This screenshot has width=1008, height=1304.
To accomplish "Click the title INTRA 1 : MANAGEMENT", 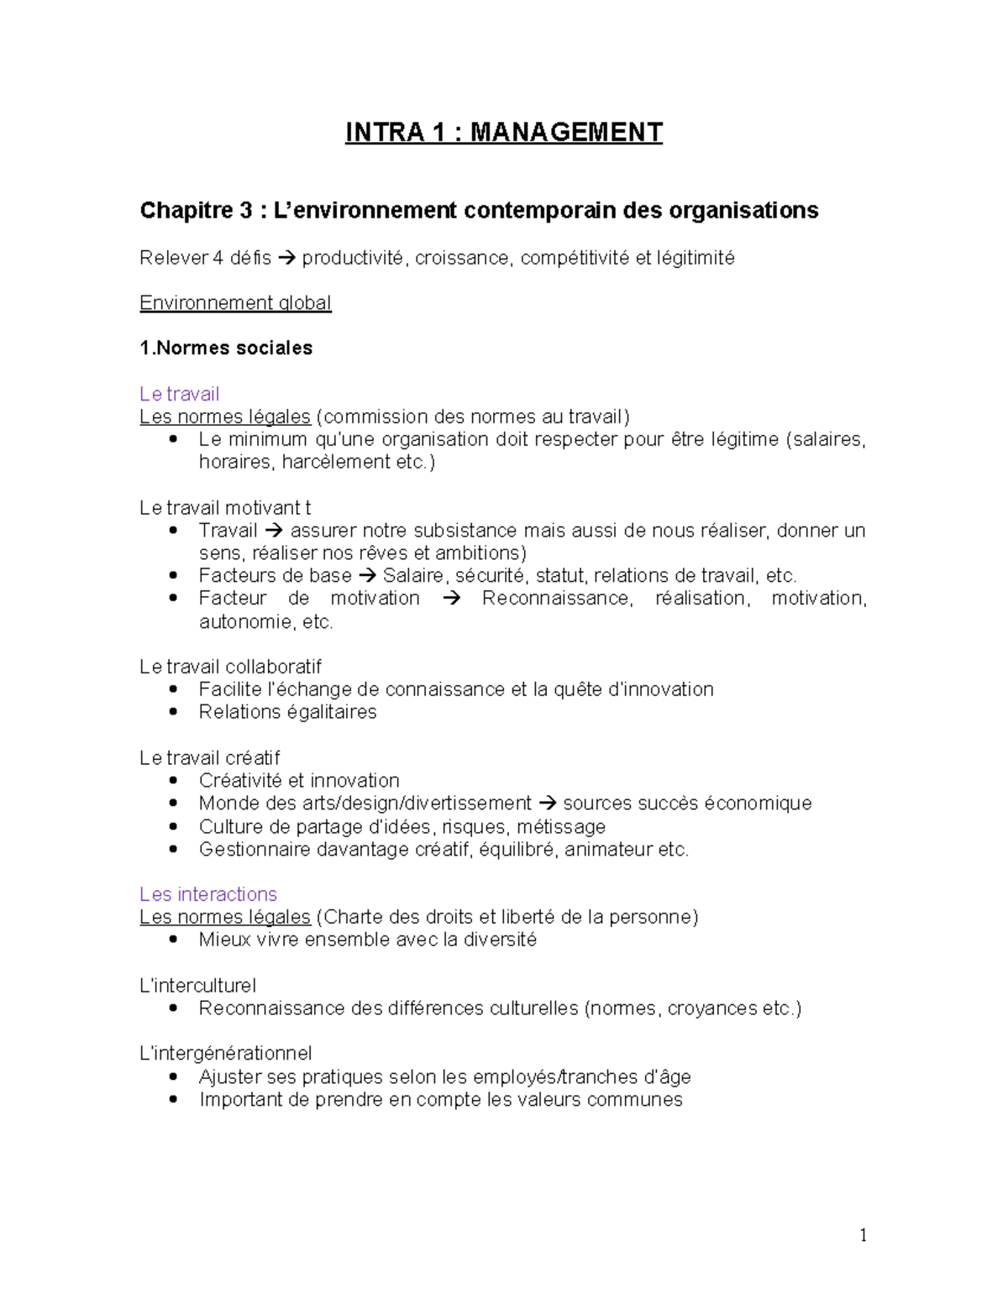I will (503, 133).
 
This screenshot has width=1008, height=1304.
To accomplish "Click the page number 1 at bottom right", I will (863, 1234).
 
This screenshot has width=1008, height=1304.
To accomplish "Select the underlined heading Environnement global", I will (235, 303).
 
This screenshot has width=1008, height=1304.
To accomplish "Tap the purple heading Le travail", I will (179, 394).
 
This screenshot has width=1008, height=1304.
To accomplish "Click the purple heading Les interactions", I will (207, 894).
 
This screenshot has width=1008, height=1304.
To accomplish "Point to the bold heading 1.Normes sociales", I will (226, 348).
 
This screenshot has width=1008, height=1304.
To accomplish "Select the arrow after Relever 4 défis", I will (286, 258).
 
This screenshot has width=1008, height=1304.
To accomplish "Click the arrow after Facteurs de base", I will (367, 576).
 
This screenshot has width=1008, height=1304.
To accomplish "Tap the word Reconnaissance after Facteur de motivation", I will (556, 599).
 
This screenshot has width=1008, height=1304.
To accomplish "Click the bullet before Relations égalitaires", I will (173, 712).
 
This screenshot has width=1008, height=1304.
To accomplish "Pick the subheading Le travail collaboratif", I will (230, 667).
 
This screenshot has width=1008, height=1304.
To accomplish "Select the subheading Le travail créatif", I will (209, 758).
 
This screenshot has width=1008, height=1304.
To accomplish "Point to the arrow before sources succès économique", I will (547, 804).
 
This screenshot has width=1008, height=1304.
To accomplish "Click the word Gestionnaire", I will (255, 850).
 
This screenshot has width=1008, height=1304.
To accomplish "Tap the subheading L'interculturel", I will (197, 986).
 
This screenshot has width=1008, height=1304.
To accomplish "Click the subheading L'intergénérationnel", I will (225, 1054).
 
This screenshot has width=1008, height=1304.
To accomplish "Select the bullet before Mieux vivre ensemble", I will (173, 940).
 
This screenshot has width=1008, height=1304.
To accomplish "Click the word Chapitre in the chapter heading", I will (183, 210).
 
